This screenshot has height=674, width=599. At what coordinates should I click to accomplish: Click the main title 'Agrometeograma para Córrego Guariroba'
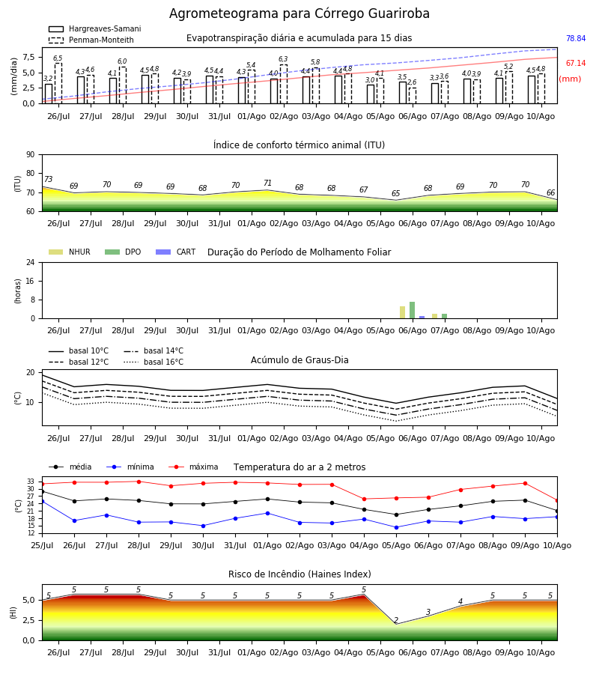point(299,13)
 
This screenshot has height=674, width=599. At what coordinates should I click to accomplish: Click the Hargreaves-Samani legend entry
point(95,28)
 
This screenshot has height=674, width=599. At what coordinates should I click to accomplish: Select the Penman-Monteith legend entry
point(91,40)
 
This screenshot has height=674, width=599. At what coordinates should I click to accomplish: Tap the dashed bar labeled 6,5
point(58,83)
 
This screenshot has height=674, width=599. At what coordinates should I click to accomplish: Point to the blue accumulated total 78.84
point(576,38)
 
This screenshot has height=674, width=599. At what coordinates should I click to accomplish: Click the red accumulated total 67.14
point(576,63)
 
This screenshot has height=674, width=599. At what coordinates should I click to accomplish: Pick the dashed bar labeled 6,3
point(284,84)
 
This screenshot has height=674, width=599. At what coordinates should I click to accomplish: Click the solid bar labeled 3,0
point(371,94)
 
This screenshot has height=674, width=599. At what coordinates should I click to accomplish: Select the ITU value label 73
point(48,179)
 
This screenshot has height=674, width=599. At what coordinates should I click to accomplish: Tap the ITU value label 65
point(395,193)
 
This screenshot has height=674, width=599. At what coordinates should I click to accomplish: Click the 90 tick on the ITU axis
point(31,155)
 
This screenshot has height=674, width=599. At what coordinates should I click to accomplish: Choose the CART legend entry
point(176,252)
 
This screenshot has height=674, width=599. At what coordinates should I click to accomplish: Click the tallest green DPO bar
point(412,310)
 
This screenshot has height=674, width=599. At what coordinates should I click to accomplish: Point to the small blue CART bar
point(422,318)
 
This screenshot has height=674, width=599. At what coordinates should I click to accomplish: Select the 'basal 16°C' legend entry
point(153,362)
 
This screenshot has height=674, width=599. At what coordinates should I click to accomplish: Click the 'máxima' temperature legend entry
point(193,467)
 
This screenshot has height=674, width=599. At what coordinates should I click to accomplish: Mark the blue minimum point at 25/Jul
point(42,502)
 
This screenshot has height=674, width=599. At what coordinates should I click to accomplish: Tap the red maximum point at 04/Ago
point(365,499)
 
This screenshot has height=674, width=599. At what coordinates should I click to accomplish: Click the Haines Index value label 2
point(396,620)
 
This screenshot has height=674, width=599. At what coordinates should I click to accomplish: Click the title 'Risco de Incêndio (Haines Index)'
point(299,574)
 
